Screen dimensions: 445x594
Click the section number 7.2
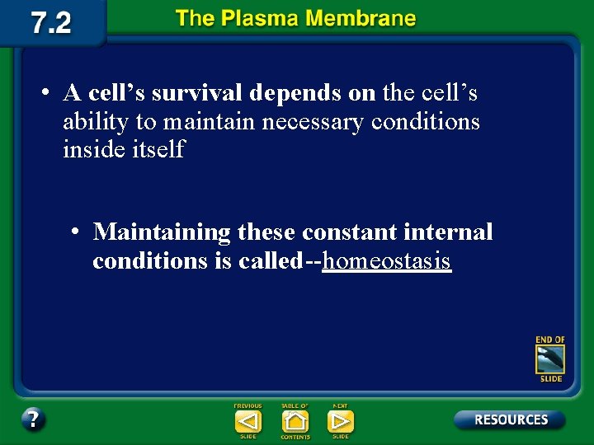51,22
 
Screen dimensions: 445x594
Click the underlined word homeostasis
387,261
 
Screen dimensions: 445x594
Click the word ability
96,123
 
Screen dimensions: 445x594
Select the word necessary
313,122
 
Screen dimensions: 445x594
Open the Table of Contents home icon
295,421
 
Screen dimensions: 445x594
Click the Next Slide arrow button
340,421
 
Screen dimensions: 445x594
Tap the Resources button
510,419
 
